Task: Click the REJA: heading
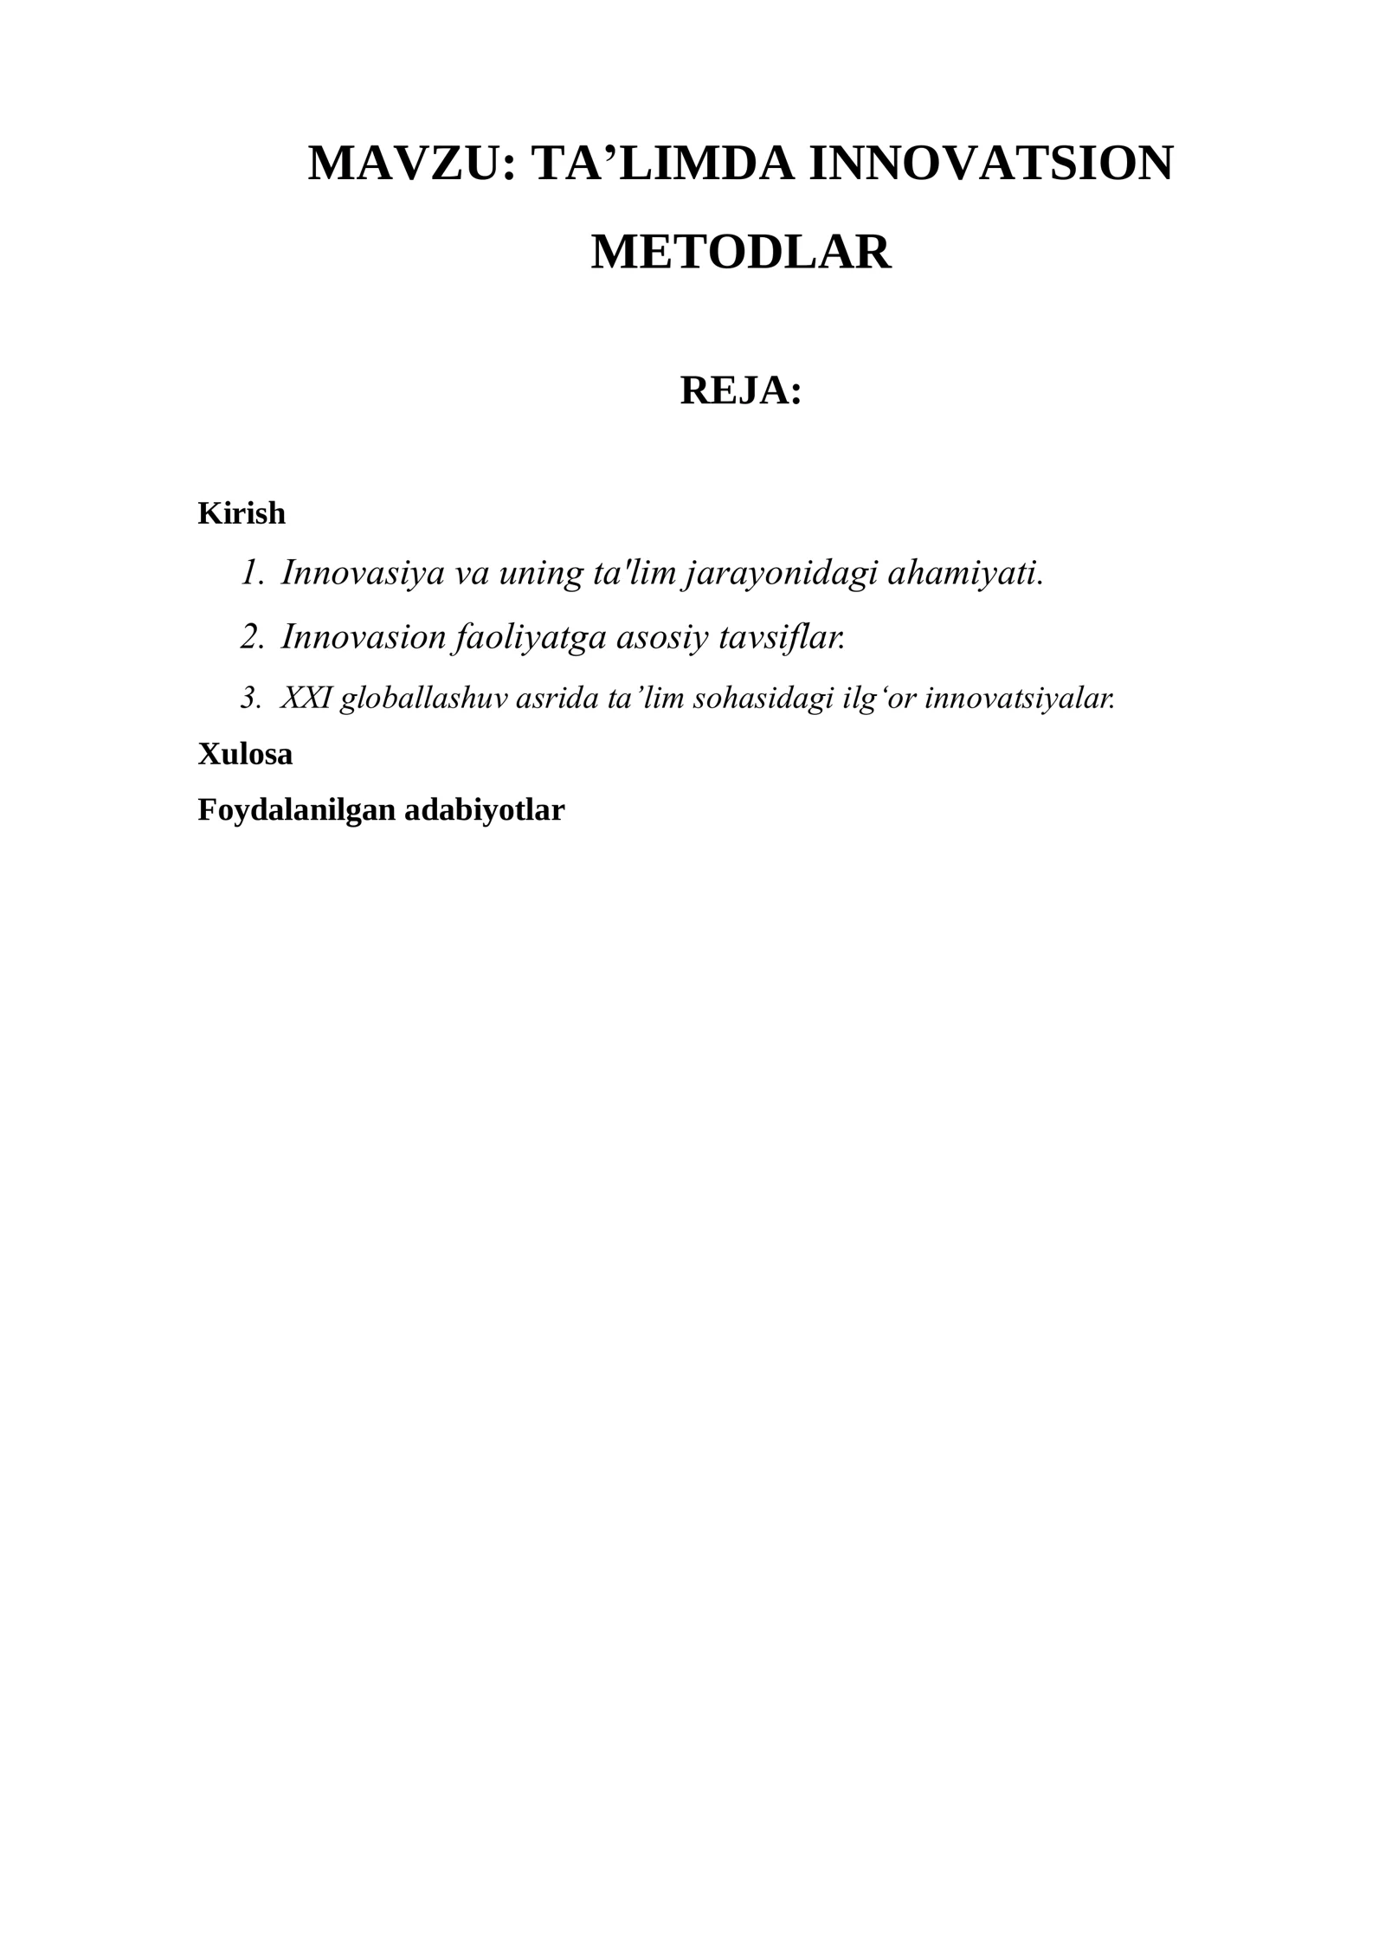coord(740,390)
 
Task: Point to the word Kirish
coord(242,513)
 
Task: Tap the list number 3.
coord(250,698)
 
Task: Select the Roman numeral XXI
coord(306,698)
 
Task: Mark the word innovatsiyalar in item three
coord(1019,698)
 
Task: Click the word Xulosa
coord(245,754)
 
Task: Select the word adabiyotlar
coord(484,810)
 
